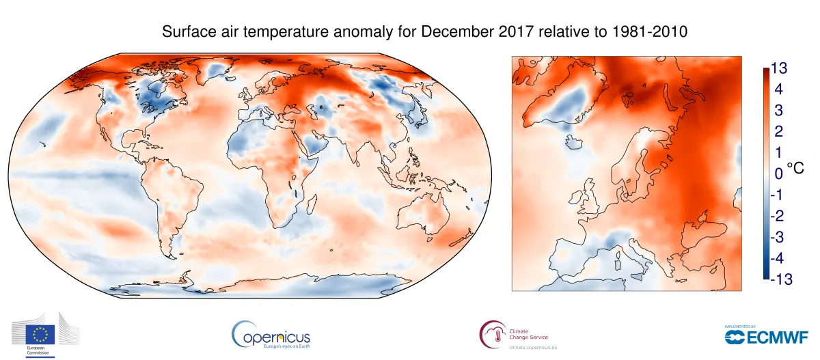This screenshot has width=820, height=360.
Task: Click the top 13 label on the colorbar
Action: point(780,68)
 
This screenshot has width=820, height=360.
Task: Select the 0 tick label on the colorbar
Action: point(778,174)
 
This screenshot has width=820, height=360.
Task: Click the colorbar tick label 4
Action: point(778,89)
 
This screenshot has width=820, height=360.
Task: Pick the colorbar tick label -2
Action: point(778,216)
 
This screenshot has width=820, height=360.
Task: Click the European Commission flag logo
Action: point(40,335)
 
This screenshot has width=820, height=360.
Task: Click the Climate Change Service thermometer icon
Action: point(490,335)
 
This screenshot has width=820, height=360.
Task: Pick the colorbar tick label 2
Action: point(778,132)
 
